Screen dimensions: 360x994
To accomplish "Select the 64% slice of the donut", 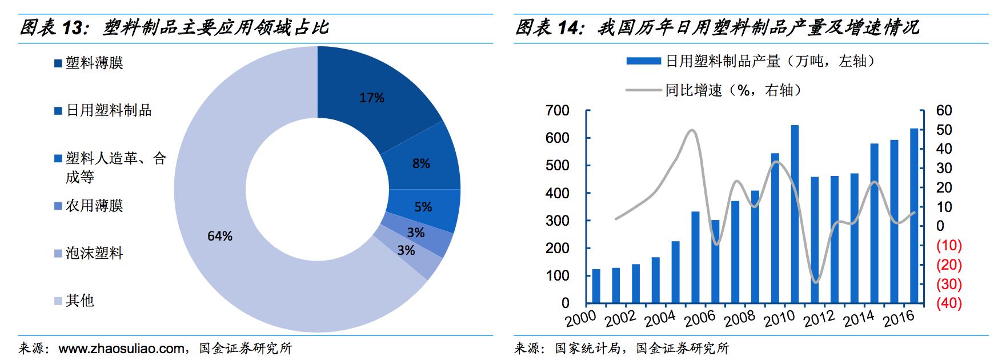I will (220, 236).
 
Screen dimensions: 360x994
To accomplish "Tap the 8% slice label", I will (421, 164).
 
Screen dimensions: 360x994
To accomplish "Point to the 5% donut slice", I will (423, 207).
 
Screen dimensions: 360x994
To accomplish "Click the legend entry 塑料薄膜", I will (94, 63).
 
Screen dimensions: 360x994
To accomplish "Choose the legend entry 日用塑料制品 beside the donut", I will (109, 110).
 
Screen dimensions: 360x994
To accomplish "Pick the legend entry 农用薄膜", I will (94, 206).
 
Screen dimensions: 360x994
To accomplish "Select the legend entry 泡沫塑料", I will (94, 253).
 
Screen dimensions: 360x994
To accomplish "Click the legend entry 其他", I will (80, 301).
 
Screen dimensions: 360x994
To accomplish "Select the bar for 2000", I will (596, 286).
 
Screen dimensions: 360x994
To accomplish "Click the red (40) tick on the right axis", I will (949, 303).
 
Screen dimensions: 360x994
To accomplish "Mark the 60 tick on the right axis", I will (944, 111).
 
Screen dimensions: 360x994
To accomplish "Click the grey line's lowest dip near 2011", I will (815, 282).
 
